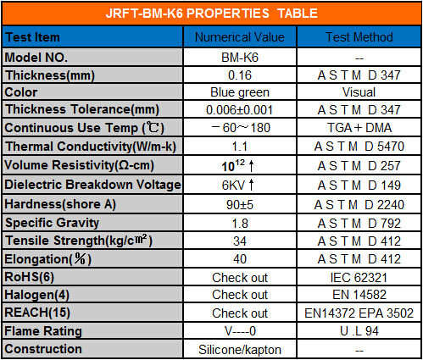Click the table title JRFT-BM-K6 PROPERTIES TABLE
[x=212, y=14]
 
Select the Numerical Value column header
[x=240, y=37]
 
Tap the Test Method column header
[x=359, y=37]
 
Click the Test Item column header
[x=32, y=37]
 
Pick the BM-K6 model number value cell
[x=240, y=58]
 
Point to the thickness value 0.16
[x=240, y=75]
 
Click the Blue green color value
[x=240, y=92]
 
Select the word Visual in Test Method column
[x=359, y=92]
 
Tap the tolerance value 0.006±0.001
[x=240, y=110]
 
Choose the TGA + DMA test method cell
[x=359, y=128]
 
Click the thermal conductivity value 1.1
[x=240, y=147]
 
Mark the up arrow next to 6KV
[x=251, y=185]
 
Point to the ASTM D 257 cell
[x=359, y=166]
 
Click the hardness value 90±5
[x=240, y=205]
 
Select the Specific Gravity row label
[x=53, y=223]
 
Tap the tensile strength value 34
[x=240, y=241]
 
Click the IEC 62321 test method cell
[x=359, y=278]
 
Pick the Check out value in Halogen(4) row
[x=240, y=295]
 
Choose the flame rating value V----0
[x=240, y=331]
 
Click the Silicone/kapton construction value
[x=240, y=350]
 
